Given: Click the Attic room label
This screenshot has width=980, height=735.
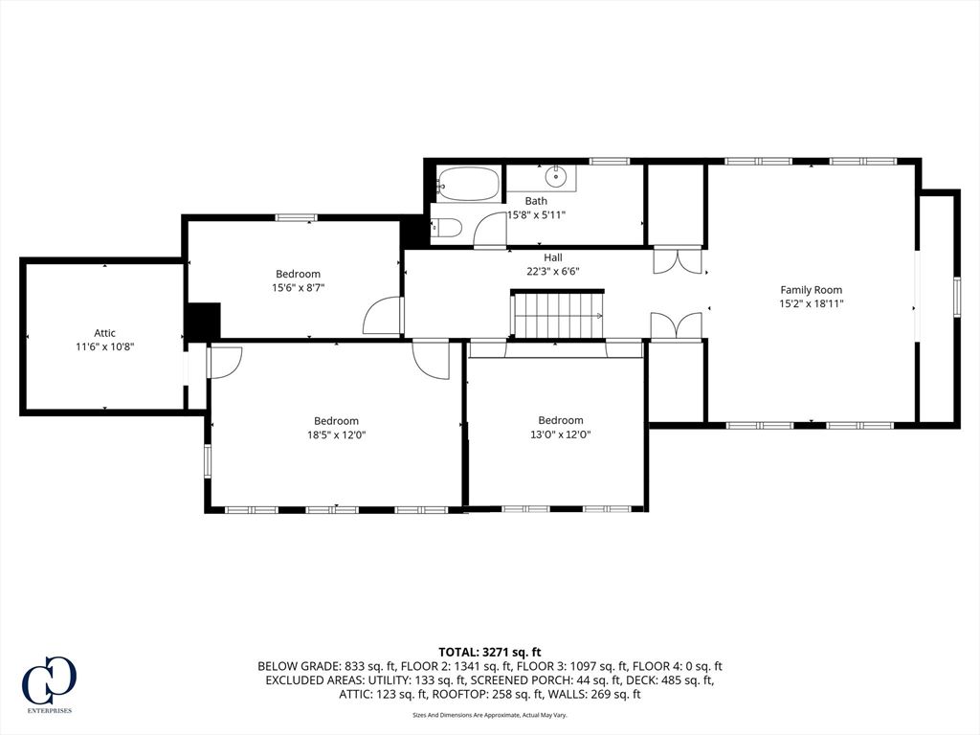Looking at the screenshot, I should pos(104,333).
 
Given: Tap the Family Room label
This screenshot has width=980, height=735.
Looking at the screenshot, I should pos(811,290).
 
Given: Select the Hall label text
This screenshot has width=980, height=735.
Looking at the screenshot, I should pos(553,257).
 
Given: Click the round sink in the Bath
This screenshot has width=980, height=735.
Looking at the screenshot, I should pos(556,177).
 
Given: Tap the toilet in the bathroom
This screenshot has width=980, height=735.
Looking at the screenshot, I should pos(448,228).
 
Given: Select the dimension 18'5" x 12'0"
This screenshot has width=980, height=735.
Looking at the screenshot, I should pos(336,434).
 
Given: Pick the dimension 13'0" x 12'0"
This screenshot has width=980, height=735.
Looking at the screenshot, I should pos(560,434).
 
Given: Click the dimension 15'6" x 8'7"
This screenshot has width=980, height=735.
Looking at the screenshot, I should pos(298,287).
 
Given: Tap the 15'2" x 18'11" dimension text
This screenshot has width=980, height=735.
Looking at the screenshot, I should pos(811,303).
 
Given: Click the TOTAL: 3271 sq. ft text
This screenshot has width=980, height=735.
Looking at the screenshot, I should pos(490,652).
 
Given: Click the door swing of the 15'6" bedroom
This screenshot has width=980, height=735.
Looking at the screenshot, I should pos(384,316).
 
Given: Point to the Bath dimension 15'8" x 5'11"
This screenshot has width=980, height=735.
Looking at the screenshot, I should pos(536,214).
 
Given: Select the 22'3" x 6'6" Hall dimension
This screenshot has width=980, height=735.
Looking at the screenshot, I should pos(553,271).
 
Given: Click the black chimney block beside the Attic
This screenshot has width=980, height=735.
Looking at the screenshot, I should pos(202,321).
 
